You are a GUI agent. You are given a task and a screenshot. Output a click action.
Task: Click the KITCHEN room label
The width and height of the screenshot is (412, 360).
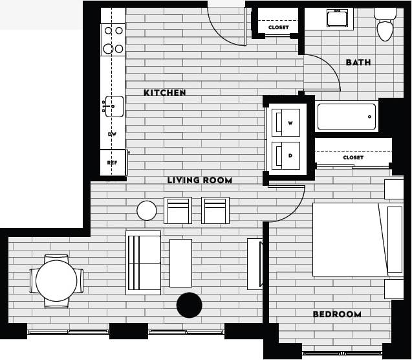coord(164,93)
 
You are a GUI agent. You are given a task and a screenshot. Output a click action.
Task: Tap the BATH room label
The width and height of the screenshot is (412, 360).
coord(358,62)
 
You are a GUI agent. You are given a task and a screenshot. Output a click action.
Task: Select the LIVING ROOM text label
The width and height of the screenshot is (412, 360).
coord(199,180)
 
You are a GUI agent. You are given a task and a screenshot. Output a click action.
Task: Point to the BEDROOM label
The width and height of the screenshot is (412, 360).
coord(337,314)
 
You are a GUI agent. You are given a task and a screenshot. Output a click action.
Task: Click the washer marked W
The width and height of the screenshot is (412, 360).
coord(286,122)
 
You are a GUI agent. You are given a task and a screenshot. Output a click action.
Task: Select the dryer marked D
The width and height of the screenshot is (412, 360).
coord(286,155)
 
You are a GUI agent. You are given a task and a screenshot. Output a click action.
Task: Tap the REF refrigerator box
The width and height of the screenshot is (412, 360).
coord(113,163)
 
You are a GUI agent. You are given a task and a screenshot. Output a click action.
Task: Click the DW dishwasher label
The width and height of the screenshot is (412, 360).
coord(112,134)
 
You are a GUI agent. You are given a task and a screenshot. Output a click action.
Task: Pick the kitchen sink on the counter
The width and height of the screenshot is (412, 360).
coord(114,106)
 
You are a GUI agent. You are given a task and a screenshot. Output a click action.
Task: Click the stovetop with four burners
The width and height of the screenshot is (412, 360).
coord(114,39)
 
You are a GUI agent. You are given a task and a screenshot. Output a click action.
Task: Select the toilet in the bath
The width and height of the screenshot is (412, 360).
coord(385,26)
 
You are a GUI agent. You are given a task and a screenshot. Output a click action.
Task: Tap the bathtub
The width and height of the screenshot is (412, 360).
coord(346,117)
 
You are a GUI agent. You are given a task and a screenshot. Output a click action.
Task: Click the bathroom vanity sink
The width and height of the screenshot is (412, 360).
coord(336,19)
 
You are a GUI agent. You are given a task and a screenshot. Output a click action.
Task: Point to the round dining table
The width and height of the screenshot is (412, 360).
coord(56,280)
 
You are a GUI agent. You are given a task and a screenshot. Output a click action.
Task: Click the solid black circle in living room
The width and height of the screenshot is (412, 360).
coord(190,305)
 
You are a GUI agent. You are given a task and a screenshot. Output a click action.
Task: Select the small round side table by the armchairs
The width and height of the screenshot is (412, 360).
coord(147,210)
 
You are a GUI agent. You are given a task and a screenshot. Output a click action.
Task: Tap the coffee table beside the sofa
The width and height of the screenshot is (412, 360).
coord(180,263)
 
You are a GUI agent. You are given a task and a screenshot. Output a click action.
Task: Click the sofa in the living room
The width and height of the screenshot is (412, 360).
coord(143,263)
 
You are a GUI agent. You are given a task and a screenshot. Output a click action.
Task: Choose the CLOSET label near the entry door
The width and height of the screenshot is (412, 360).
coord(278,28)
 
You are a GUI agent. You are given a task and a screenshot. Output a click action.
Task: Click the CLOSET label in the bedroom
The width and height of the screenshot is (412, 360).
coord(353,157)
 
